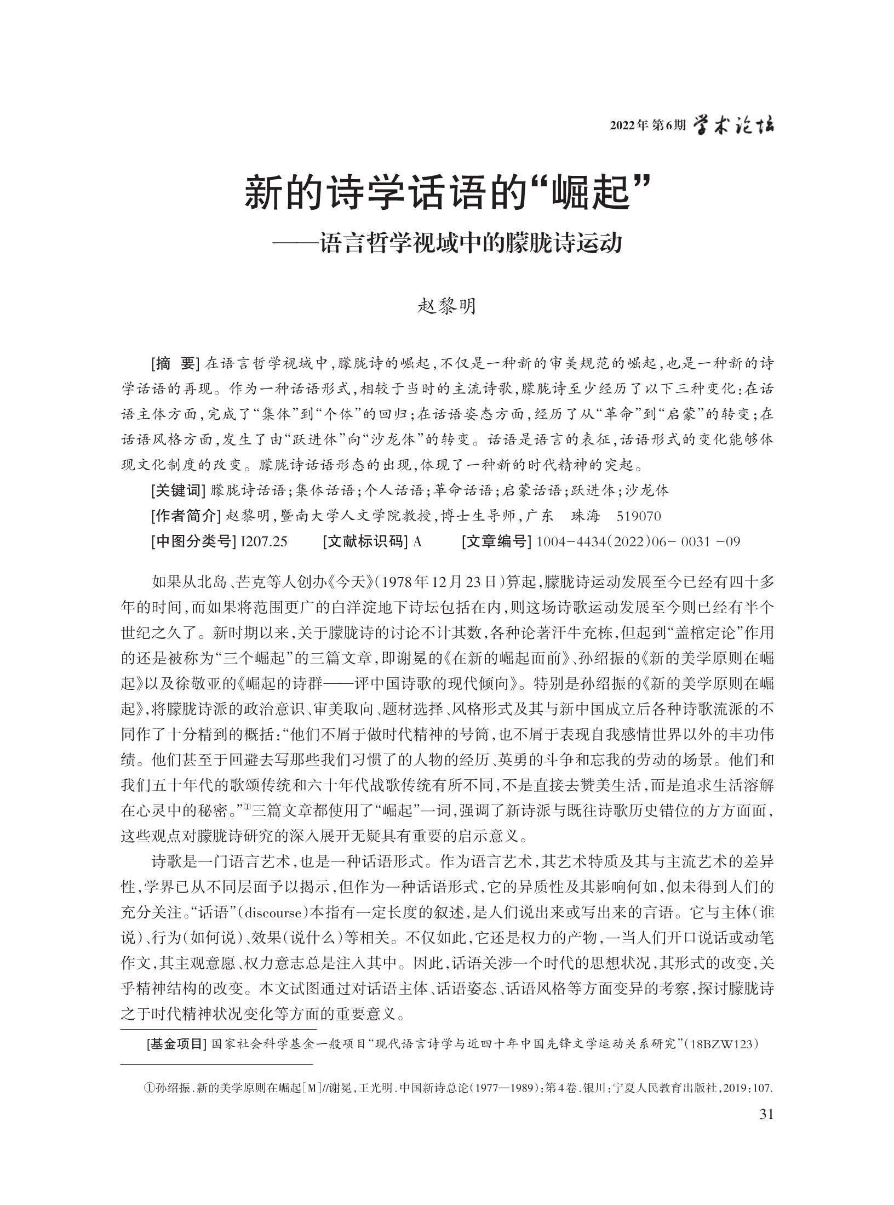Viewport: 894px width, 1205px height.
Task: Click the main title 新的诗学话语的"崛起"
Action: (x=446, y=196)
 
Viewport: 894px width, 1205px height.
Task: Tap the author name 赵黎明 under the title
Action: (x=447, y=306)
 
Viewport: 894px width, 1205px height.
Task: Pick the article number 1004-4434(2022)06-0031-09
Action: (x=638, y=542)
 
